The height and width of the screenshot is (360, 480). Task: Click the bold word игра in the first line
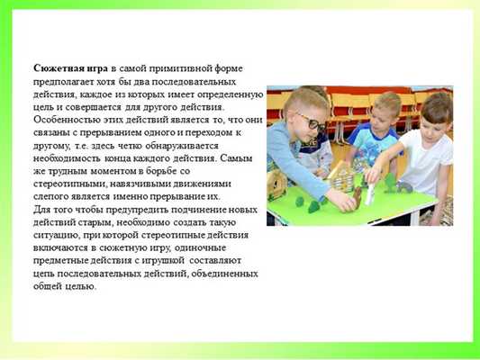97,68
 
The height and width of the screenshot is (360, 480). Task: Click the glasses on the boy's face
312,125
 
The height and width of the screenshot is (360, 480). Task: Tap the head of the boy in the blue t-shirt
384,106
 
